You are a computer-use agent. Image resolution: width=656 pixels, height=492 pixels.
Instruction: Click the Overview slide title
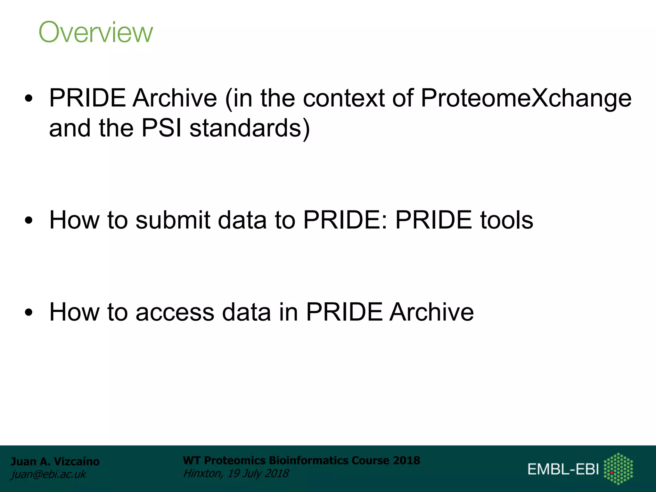(x=96, y=32)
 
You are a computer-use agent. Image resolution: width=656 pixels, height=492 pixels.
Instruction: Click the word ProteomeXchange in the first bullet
(x=526, y=98)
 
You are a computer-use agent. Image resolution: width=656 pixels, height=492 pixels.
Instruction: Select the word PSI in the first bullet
(x=161, y=128)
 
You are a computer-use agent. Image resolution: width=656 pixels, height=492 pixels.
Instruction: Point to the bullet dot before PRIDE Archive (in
(x=29, y=98)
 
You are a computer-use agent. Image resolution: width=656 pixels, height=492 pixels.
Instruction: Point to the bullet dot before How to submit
(x=29, y=220)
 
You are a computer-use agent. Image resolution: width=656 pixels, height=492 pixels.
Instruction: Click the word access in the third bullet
(x=175, y=312)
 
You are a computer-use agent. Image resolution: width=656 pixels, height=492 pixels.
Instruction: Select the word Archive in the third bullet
(x=431, y=312)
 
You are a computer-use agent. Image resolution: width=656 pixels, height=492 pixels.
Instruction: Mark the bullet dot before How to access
(x=29, y=312)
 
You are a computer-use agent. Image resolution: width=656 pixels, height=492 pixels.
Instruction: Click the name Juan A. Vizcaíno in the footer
(x=55, y=461)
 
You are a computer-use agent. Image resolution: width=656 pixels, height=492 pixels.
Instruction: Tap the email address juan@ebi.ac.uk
(x=48, y=474)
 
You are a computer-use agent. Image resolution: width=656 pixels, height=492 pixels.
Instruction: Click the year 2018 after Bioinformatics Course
(x=406, y=460)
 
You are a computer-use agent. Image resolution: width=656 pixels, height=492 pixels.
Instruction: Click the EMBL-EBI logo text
(x=563, y=469)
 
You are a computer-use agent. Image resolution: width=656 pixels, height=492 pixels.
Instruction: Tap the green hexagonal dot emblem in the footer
(x=618, y=469)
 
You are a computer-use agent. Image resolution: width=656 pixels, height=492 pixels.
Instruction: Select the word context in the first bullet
(x=344, y=98)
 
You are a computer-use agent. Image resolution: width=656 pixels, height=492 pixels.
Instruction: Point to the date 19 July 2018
(x=258, y=473)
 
